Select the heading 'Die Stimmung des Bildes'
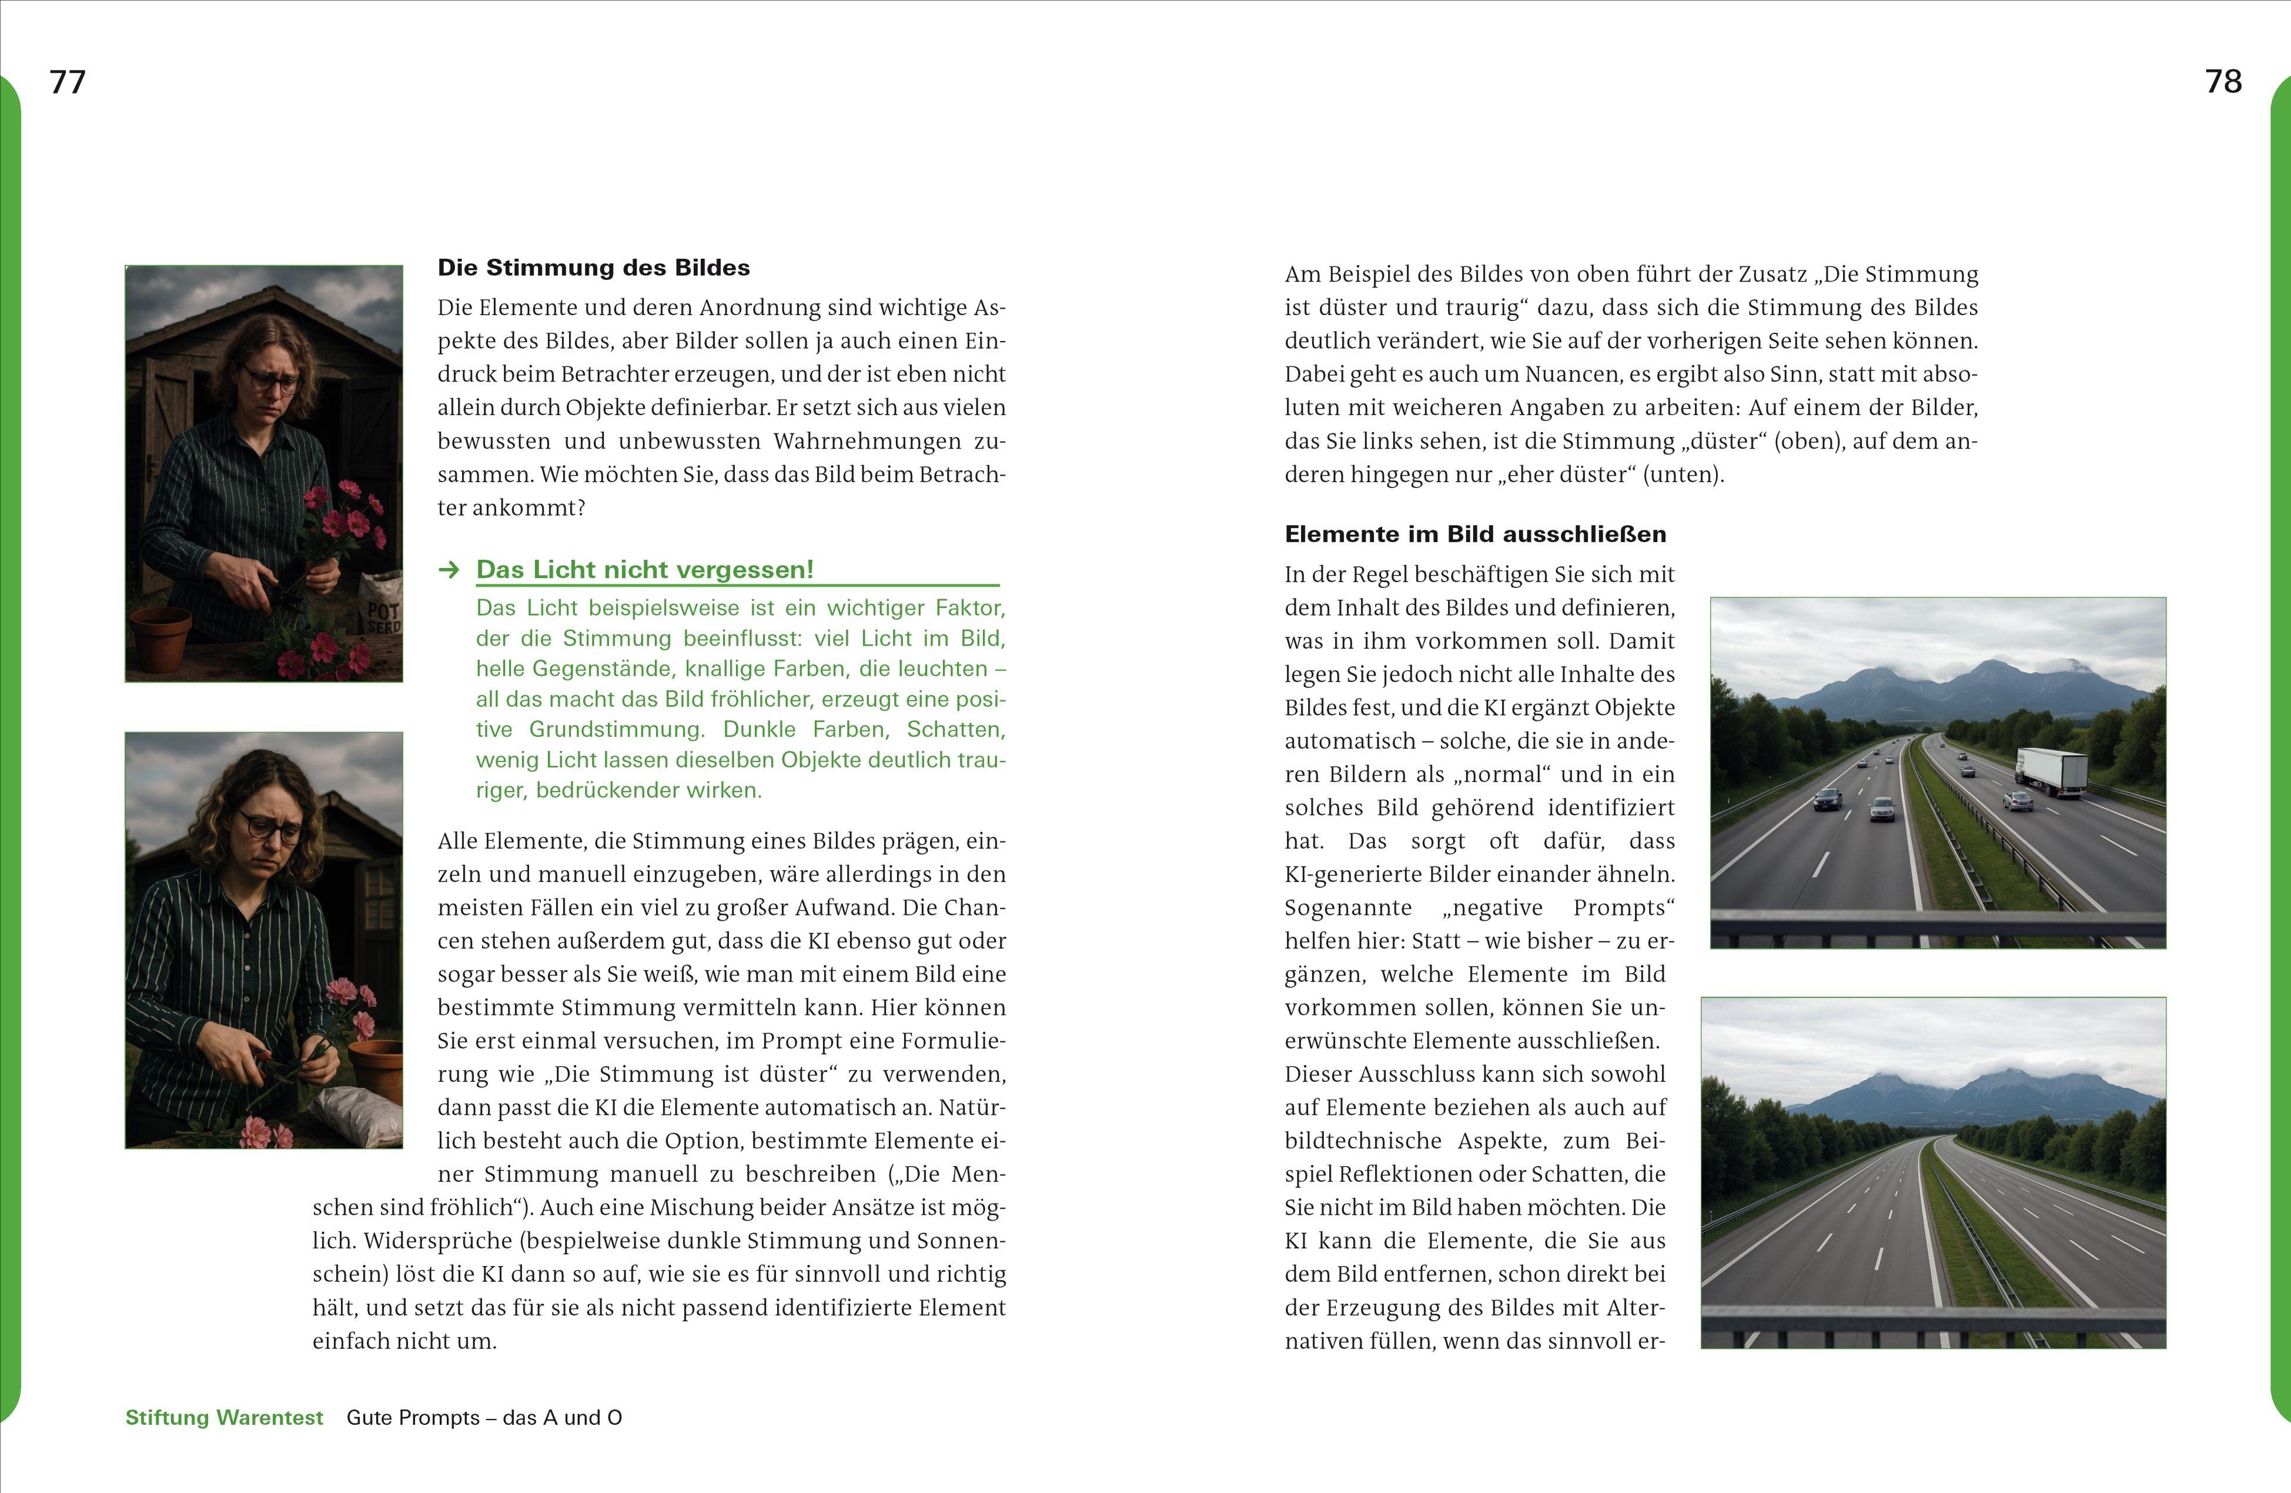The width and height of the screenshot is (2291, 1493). [x=593, y=268]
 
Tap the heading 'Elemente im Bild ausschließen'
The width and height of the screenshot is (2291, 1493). [x=1474, y=535]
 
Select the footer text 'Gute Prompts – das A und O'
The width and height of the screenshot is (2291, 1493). [x=484, y=1418]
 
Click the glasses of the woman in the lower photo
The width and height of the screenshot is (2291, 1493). [x=269, y=827]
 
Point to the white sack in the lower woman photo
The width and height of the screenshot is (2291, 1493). [x=358, y=1117]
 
